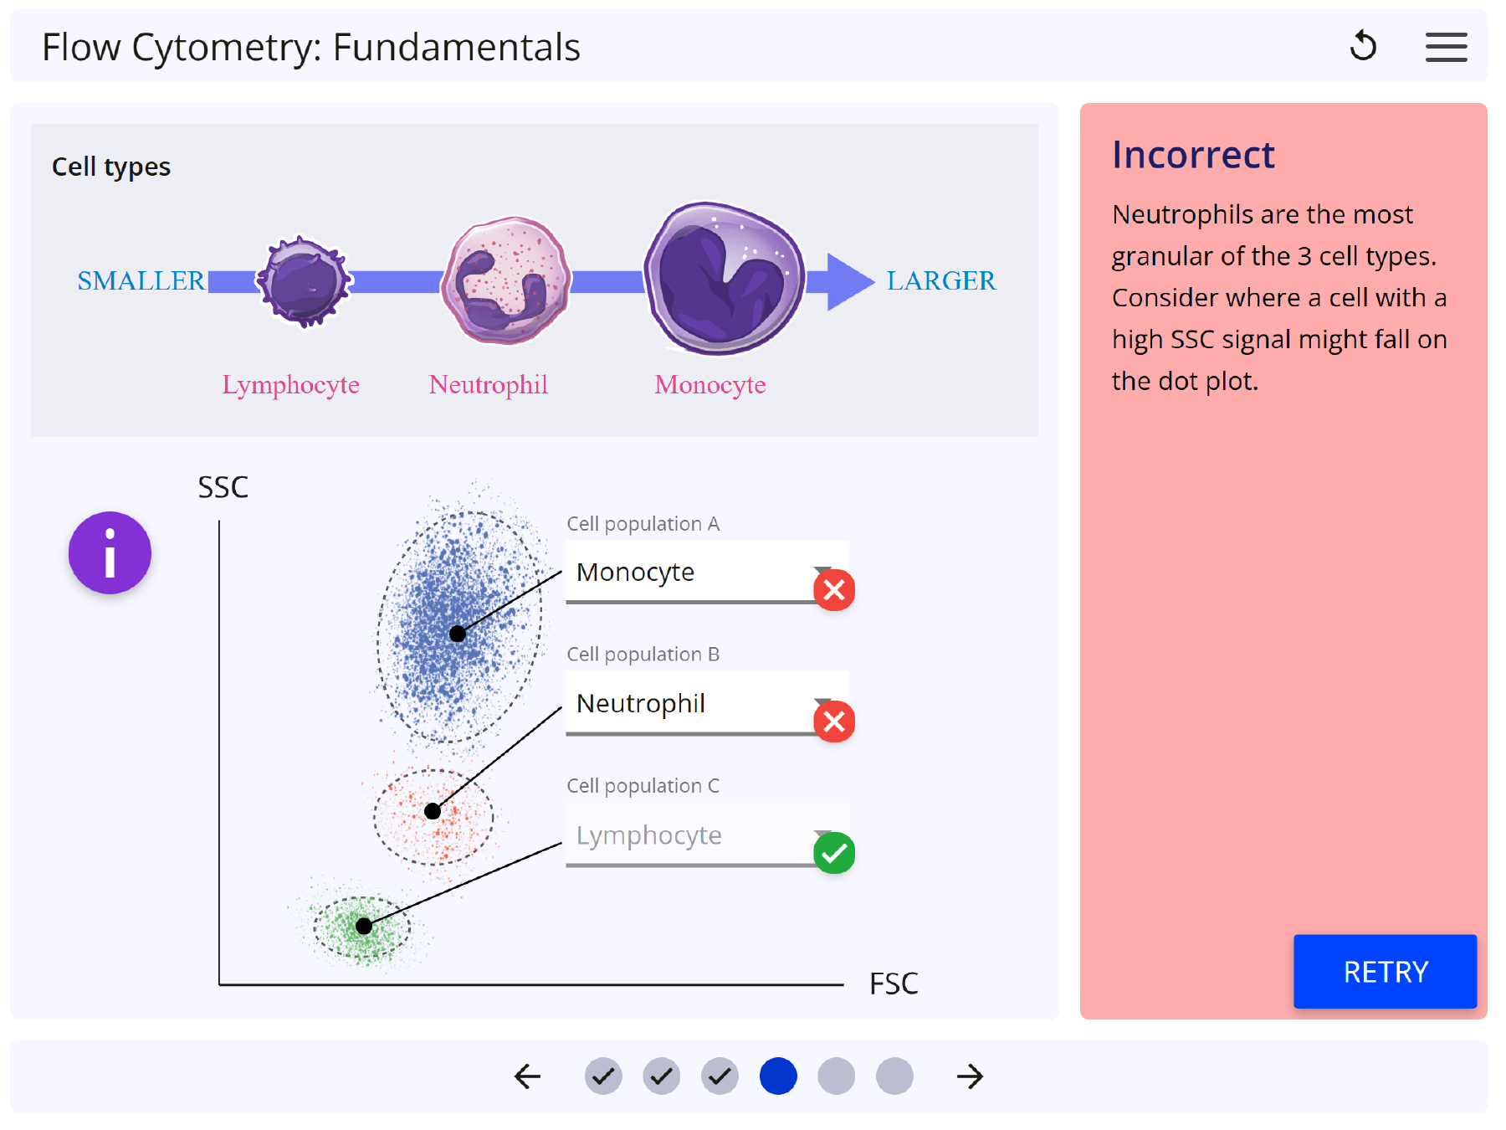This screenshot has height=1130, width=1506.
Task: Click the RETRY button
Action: tap(1385, 971)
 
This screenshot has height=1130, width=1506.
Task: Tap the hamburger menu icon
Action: tap(1446, 47)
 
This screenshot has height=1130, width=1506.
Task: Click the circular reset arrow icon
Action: tap(1363, 46)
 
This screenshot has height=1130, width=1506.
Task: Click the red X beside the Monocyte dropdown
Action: tap(834, 590)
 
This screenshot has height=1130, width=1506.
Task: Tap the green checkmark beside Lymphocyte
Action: tap(834, 853)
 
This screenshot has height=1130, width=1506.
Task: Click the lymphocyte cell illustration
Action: tap(304, 282)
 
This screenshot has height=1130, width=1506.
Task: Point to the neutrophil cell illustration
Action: tap(506, 280)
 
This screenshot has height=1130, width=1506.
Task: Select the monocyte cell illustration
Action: tap(724, 278)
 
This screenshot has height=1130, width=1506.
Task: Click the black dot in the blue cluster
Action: tap(458, 634)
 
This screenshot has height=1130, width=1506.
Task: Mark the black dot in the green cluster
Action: tap(364, 926)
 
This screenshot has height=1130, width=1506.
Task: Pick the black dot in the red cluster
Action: tap(433, 811)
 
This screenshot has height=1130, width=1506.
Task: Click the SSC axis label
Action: tap(223, 487)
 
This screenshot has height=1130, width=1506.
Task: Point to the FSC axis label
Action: tap(894, 984)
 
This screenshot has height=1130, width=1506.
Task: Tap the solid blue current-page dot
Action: tap(778, 1076)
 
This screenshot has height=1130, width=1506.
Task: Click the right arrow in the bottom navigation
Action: tap(970, 1076)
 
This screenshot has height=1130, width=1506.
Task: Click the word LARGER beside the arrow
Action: tap(941, 280)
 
